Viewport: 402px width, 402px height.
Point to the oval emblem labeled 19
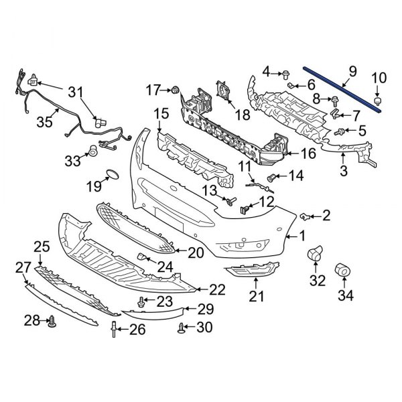click(x=110, y=177)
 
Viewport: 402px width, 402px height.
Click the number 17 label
click(x=153, y=88)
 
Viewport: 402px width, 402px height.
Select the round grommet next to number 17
click(x=176, y=89)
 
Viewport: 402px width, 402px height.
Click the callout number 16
click(x=308, y=154)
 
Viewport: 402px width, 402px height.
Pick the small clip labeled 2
click(x=304, y=215)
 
